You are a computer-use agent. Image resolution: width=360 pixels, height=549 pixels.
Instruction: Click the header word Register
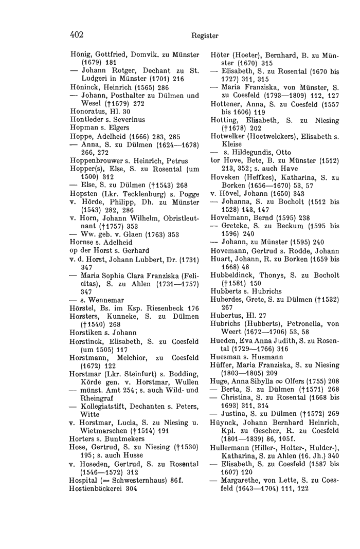coord(205,36)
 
